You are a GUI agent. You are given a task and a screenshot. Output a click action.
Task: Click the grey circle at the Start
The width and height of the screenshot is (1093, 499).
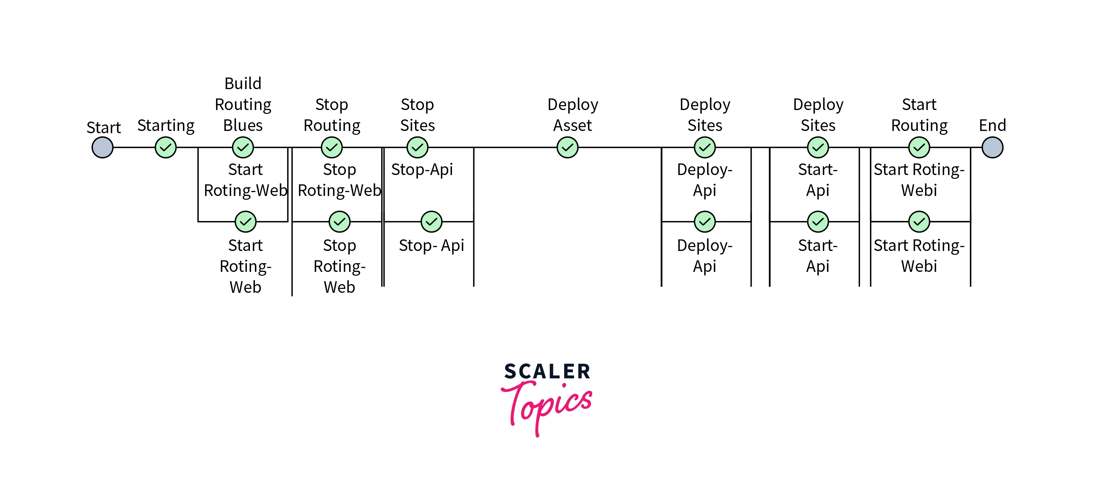(103, 148)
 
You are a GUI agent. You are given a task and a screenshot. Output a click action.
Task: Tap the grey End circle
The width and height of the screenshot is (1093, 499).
(992, 148)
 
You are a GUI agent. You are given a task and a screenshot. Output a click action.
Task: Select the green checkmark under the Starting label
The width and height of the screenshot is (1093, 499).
(166, 148)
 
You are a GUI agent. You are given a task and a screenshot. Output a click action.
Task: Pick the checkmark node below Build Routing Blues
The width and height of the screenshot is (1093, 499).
(243, 148)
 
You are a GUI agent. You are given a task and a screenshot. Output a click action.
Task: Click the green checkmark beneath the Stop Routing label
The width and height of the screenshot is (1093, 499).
(332, 148)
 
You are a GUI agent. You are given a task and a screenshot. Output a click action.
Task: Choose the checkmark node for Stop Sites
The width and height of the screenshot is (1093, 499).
(418, 148)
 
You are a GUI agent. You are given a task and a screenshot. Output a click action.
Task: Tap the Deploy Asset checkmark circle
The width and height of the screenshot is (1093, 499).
(567, 148)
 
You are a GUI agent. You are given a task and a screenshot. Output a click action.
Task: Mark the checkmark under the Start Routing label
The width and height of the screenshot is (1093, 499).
(919, 148)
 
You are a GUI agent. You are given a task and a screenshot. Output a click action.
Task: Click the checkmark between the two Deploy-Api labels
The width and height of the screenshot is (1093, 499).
(705, 222)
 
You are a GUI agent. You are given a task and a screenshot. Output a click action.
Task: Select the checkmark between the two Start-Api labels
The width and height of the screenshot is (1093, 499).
(817, 222)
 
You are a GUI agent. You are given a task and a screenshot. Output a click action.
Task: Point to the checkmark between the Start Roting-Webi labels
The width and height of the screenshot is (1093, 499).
(919, 222)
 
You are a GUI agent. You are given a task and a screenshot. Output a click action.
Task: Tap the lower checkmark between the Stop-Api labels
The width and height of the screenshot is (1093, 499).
(431, 222)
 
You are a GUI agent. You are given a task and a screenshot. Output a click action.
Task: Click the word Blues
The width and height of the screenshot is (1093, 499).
(243, 125)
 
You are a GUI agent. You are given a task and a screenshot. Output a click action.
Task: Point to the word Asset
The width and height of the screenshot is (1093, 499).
(573, 125)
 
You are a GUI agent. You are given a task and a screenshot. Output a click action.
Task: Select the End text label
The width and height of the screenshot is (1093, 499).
(992, 125)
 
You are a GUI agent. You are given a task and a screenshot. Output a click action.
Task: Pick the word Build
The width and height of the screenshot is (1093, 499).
(243, 84)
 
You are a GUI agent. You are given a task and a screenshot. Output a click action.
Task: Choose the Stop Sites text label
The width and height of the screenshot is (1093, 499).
(418, 115)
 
